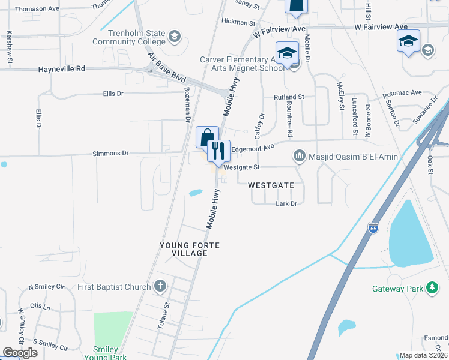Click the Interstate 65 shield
point(373,228)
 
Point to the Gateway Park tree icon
point(431,287)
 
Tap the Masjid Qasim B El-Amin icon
point(299,157)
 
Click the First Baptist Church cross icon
point(160,286)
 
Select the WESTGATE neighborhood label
point(271,186)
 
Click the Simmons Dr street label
point(110,154)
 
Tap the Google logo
point(20,353)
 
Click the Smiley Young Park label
point(110,353)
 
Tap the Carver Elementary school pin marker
point(287,52)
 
